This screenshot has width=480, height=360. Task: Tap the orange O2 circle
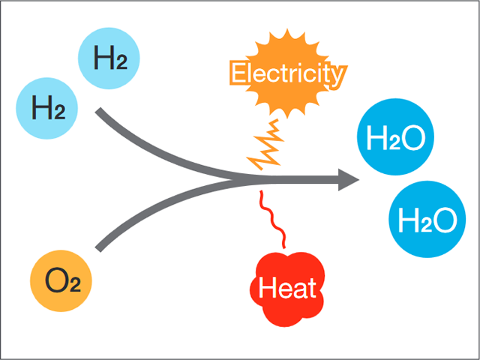[x=58, y=282]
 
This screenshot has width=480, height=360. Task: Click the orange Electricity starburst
[x=289, y=74]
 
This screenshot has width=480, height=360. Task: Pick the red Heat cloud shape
[x=287, y=286]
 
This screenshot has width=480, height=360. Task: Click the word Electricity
[x=289, y=74]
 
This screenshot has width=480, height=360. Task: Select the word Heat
[x=287, y=287]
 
